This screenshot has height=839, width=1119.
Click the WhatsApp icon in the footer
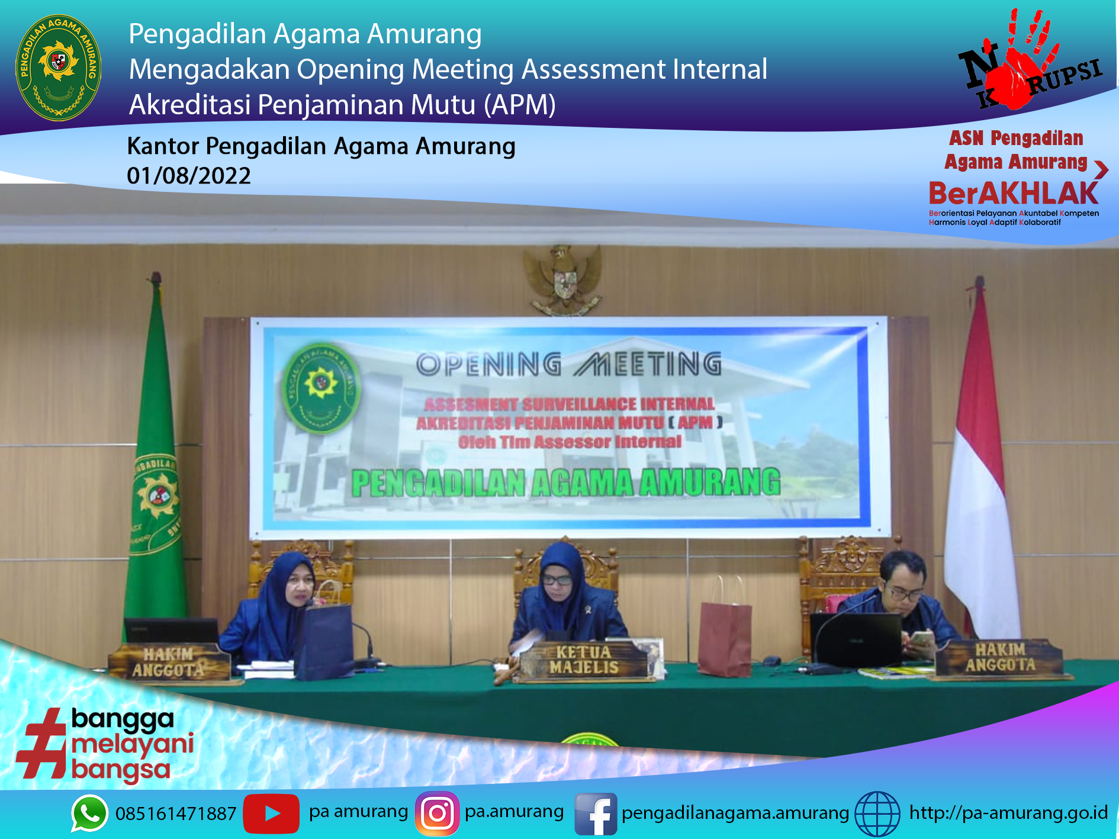pyautogui.click(x=89, y=813)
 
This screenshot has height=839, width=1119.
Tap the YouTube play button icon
pyautogui.click(x=271, y=813)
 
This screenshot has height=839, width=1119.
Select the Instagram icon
pyautogui.click(x=438, y=813)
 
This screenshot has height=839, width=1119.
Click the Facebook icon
pyautogui.click(x=596, y=814)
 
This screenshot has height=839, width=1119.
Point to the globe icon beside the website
pyautogui.click(x=877, y=814)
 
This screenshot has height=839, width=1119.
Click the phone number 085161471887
pyautogui.click(x=176, y=814)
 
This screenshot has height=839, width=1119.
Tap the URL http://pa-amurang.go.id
pyautogui.click(x=1008, y=812)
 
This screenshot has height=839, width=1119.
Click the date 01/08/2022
pyautogui.click(x=189, y=176)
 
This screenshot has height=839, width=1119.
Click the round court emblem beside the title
pyautogui.click(x=58, y=67)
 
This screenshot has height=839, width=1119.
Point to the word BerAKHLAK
pyautogui.click(x=1013, y=194)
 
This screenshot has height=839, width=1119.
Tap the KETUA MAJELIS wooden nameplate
pyautogui.click(x=583, y=660)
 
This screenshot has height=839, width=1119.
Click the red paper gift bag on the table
pyautogui.click(x=725, y=639)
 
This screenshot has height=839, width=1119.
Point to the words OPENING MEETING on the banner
pyautogui.click(x=568, y=365)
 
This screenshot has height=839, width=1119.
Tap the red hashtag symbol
pyautogui.click(x=41, y=743)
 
